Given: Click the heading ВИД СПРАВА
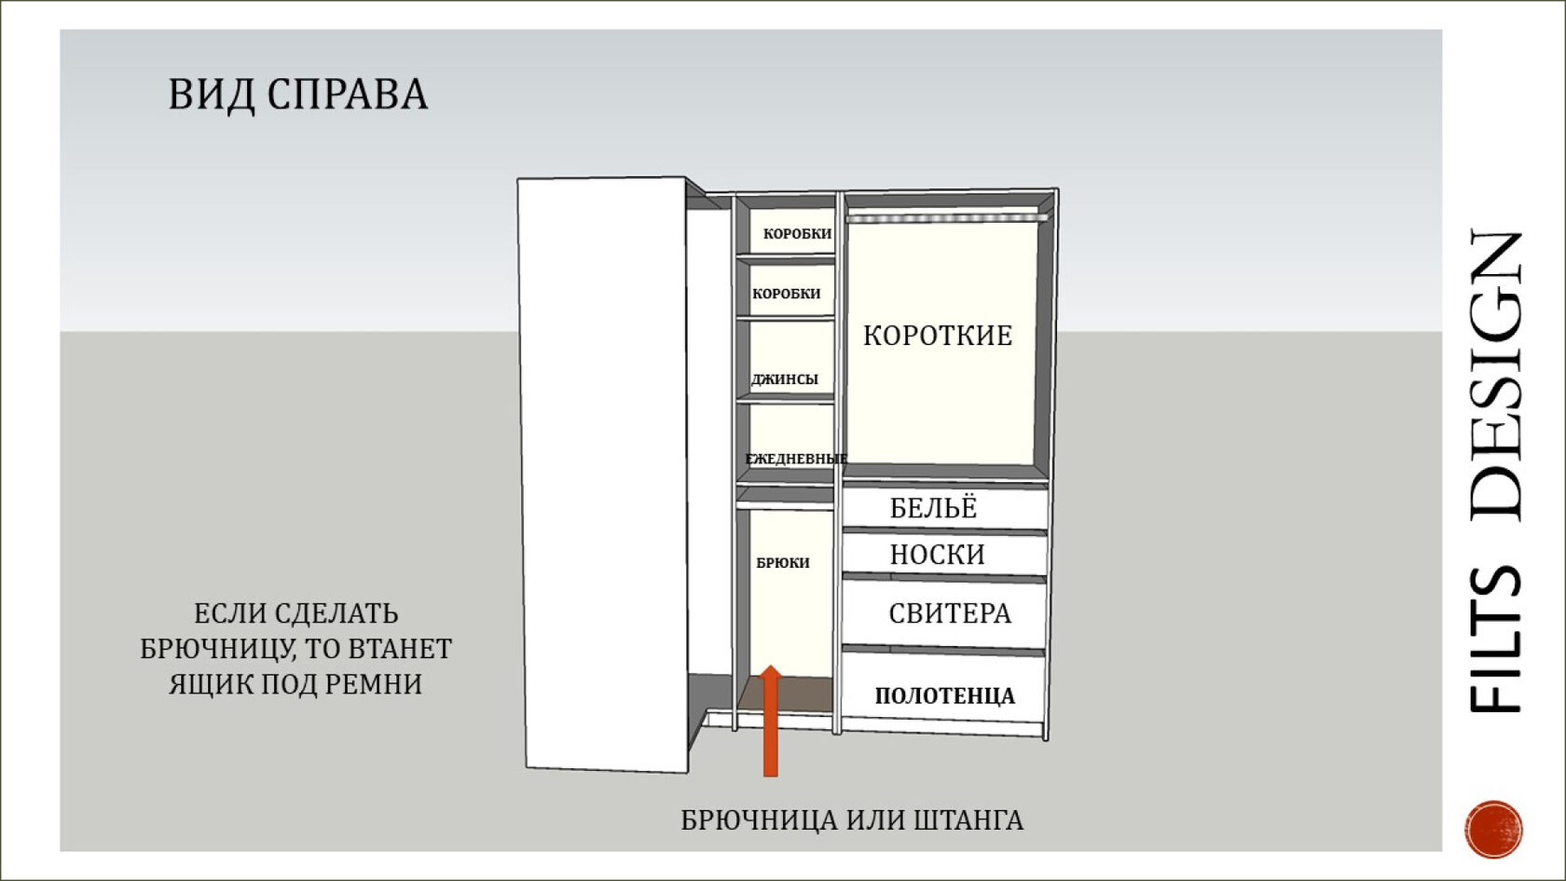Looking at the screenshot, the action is click(x=297, y=95).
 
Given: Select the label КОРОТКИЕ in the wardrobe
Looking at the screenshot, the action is click(x=937, y=336).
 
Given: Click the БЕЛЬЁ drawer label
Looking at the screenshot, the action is click(x=933, y=508).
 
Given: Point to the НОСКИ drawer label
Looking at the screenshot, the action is click(x=937, y=555).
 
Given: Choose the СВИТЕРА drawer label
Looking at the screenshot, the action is click(x=949, y=613).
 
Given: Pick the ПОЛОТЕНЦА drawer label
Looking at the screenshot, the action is click(x=944, y=695).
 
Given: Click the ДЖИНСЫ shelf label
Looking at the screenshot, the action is click(x=785, y=379).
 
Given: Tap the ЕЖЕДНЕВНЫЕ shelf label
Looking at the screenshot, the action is click(x=795, y=459).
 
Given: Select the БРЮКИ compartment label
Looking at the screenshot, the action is click(x=782, y=563).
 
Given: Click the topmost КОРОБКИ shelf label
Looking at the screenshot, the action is click(x=797, y=234).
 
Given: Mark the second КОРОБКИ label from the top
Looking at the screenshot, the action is click(x=786, y=294).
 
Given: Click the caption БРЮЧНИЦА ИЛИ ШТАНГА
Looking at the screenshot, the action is click(x=852, y=820).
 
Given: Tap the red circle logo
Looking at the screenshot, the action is click(x=1493, y=828).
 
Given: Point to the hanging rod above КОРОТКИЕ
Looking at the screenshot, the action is click(x=947, y=218).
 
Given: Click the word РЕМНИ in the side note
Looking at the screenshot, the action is click(x=381, y=684).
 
